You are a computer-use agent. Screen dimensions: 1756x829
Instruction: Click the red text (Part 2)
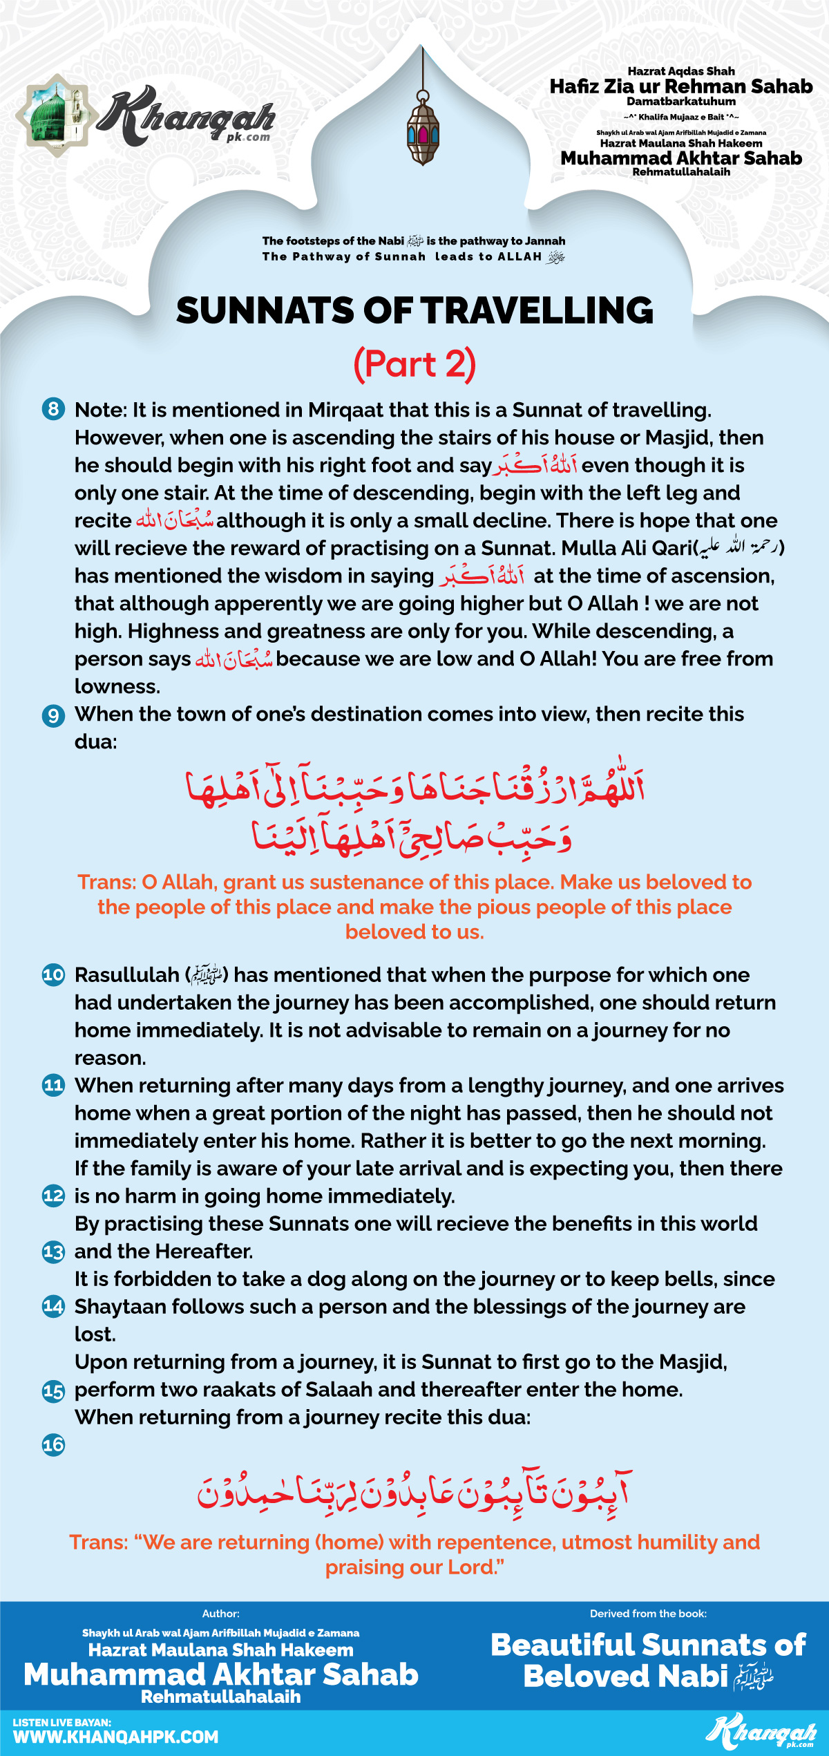(414, 364)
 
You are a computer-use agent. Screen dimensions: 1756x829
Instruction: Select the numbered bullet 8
(53, 409)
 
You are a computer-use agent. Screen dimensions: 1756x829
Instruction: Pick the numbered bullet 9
(53, 715)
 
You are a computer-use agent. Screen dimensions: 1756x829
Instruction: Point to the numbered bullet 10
(53, 975)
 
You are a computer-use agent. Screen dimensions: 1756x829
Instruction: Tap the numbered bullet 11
(53, 1086)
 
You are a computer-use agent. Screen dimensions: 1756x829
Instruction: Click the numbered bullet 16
(53, 1444)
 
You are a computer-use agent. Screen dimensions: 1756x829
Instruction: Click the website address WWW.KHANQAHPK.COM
(115, 1737)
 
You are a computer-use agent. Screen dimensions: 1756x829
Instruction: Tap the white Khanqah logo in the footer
(761, 1732)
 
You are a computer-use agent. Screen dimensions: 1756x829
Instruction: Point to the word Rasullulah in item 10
(127, 975)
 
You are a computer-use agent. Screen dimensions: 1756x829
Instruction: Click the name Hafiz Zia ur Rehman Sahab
(681, 86)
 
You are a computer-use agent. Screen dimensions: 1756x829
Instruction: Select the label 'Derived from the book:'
(648, 1614)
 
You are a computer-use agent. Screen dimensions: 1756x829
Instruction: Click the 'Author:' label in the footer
(220, 1614)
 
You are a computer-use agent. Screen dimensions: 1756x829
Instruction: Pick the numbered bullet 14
(53, 1306)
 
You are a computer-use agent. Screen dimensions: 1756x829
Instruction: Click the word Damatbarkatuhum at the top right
(681, 102)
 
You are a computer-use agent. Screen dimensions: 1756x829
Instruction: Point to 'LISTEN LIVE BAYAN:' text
(62, 1722)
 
